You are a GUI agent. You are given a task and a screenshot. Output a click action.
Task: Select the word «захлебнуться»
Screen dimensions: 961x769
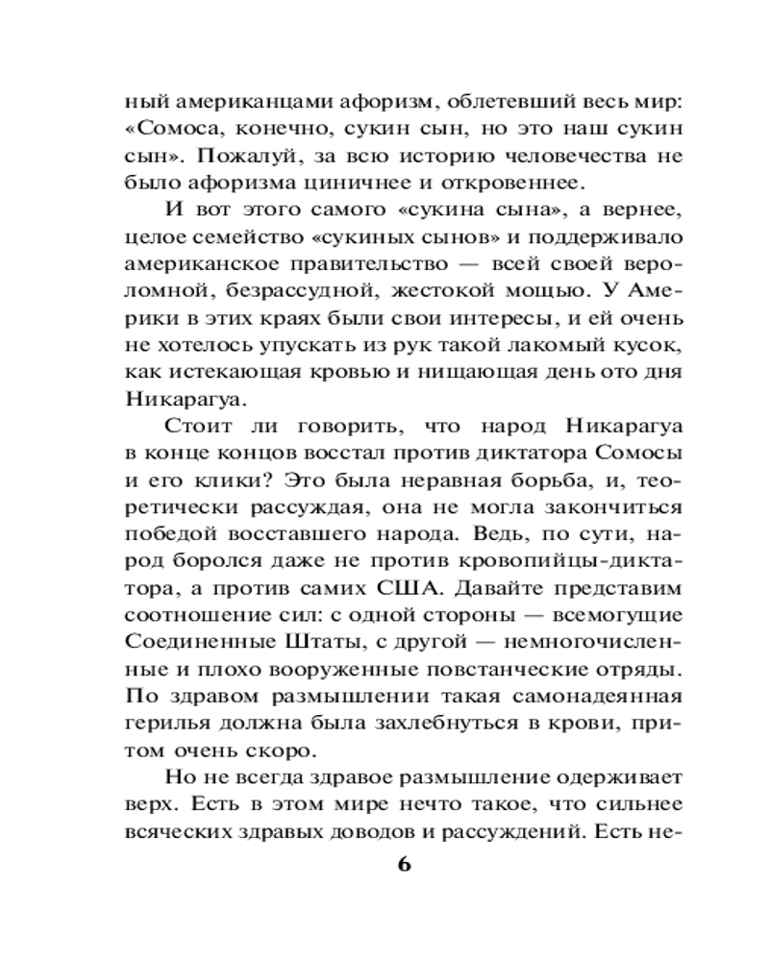coord(417,720)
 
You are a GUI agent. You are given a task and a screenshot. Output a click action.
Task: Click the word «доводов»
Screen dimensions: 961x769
coord(362,827)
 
